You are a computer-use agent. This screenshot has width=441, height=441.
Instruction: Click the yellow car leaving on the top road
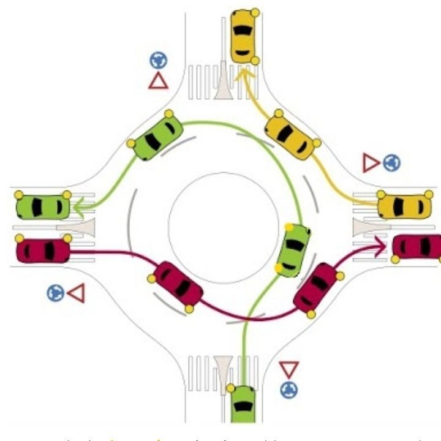click(243, 36)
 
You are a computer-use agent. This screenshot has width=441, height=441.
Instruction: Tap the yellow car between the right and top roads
click(292, 138)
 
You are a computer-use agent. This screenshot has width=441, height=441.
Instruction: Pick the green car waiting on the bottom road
click(243, 404)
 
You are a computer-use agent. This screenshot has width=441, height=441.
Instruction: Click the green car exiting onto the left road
click(43, 206)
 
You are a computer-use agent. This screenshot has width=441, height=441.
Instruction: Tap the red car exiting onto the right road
click(417, 246)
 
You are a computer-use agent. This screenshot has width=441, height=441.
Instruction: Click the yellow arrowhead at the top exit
click(244, 73)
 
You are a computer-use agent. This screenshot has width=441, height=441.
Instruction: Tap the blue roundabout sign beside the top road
click(159, 59)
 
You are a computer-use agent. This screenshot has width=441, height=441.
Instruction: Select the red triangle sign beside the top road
click(158, 81)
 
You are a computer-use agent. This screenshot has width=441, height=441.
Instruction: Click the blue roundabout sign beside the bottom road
click(288, 389)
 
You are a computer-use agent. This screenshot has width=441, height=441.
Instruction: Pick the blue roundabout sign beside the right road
click(391, 162)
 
